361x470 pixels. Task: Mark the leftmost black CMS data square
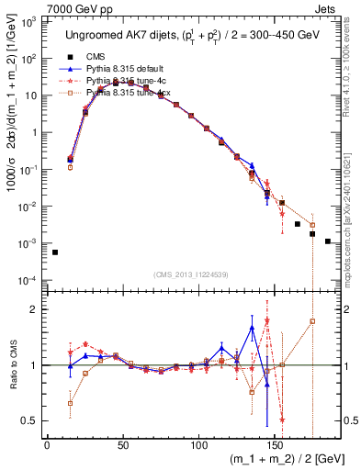(55, 252)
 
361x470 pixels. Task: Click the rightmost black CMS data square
(328, 241)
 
